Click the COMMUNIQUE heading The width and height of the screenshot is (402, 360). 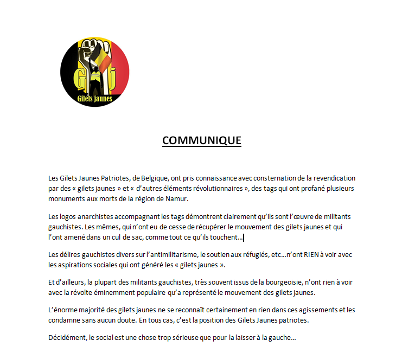201,140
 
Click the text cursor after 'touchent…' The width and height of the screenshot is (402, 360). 243,237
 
